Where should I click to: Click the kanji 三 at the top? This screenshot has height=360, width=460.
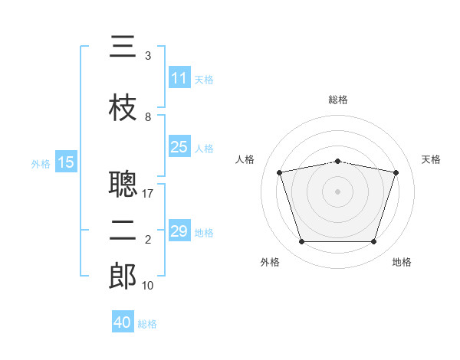(x=123, y=47)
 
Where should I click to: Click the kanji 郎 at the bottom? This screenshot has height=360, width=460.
(x=123, y=276)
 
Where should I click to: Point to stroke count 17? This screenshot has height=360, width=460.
(x=149, y=193)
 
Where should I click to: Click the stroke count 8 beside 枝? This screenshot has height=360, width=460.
(x=148, y=117)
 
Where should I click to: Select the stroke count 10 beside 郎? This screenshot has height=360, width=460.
(x=148, y=285)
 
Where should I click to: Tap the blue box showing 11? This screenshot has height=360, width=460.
(x=179, y=78)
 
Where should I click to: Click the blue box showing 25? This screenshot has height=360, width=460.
(x=179, y=147)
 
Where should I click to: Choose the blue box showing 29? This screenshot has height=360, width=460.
(x=179, y=231)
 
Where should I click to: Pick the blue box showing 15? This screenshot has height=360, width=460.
(x=66, y=162)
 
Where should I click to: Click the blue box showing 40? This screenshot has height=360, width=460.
(x=123, y=323)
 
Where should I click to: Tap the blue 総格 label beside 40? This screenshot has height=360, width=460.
(x=147, y=324)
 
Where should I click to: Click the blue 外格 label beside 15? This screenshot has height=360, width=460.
(x=41, y=163)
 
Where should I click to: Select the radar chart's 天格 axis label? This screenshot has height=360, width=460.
(x=431, y=159)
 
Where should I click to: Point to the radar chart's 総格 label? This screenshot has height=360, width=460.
(x=337, y=100)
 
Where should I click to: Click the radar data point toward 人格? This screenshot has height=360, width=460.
(x=280, y=172)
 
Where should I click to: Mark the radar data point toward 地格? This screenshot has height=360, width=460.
(x=373, y=242)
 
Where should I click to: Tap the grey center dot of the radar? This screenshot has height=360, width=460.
(x=337, y=191)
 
